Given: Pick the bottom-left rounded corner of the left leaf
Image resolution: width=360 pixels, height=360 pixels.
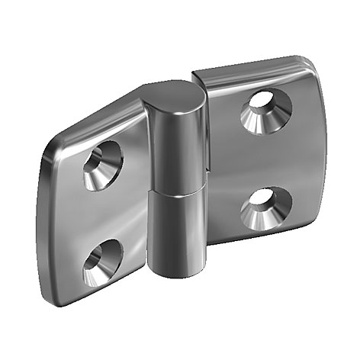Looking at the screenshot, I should (x=53, y=293).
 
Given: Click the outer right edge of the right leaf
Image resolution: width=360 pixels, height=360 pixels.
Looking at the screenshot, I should (x=319, y=145).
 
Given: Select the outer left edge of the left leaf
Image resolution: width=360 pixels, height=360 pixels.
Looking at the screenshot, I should (x=40, y=221).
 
